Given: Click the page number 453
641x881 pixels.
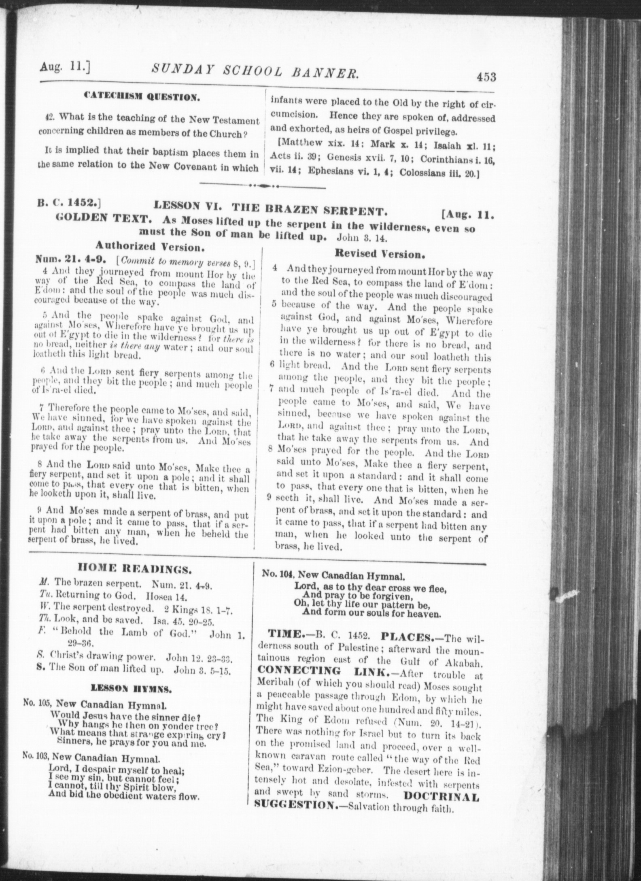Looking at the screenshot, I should (486, 77).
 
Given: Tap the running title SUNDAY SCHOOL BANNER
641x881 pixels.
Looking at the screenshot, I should (255, 73).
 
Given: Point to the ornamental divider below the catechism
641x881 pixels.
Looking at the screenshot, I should (263, 187).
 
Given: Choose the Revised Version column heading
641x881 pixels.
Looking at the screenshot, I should (380, 254).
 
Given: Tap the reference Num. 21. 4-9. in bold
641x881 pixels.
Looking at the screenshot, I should (71, 258).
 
